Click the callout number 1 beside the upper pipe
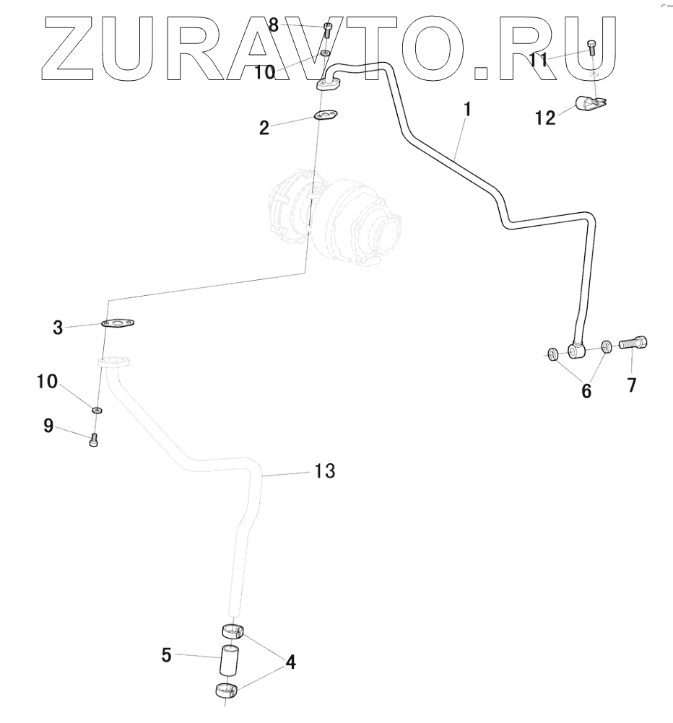pyautogui.click(x=468, y=110)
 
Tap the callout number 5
pyautogui.click(x=167, y=656)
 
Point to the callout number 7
pyautogui.click(x=631, y=385)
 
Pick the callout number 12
pyautogui.click(x=545, y=117)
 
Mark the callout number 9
pyautogui.click(x=48, y=426)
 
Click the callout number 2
pyautogui.click(x=264, y=128)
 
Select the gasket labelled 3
pyautogui.click(x=120, y=324)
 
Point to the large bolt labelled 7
pyautogui.click(x=633, y=344)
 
